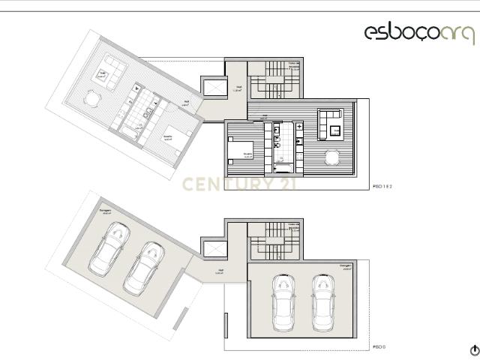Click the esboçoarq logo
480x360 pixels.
419,32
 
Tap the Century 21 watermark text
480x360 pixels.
239,183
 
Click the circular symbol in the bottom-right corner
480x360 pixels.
474,350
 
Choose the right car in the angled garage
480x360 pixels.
142,267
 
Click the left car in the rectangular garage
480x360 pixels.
284,302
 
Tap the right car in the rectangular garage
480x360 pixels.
323,302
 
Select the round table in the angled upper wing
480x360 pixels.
92,98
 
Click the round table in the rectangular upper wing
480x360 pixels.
331,157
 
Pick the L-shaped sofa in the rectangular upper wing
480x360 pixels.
331,122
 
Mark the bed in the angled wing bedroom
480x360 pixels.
173,135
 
